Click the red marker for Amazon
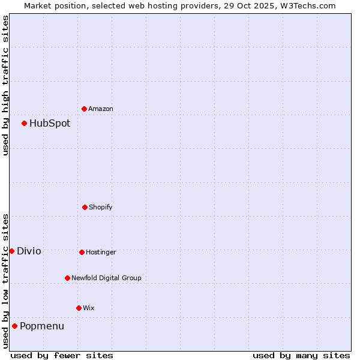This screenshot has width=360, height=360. click(x=84, y=109)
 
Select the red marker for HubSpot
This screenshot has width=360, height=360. click(x=25, y=123)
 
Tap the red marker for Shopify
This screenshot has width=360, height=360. click(x=85, y=207)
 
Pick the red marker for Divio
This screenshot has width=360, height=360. click(x=12, y=251)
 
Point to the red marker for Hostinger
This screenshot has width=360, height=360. click(x=82, y=252)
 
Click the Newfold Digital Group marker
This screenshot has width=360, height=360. click(x=67, y=278)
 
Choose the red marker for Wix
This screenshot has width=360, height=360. click(x=79, y=308)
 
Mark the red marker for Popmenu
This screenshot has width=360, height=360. click(x=15, y=326)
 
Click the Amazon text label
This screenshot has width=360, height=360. click(x=101, y=109)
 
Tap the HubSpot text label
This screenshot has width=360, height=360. click(x=50, y=123)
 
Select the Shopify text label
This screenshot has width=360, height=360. click(x=101, y=207)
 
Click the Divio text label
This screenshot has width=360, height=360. click(x=29, y=251)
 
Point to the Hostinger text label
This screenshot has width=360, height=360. click(x=101, y=252)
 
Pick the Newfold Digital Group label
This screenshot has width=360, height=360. click(x=106, y=278)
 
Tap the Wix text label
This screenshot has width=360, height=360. click(x=89, y=308)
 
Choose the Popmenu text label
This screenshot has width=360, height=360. click(x=42, y=326)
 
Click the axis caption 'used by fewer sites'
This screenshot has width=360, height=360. click(x=62, y=355)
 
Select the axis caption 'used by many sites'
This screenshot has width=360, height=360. click(x=301, y=355)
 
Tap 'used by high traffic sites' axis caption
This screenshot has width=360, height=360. click(x=5, y=85)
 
